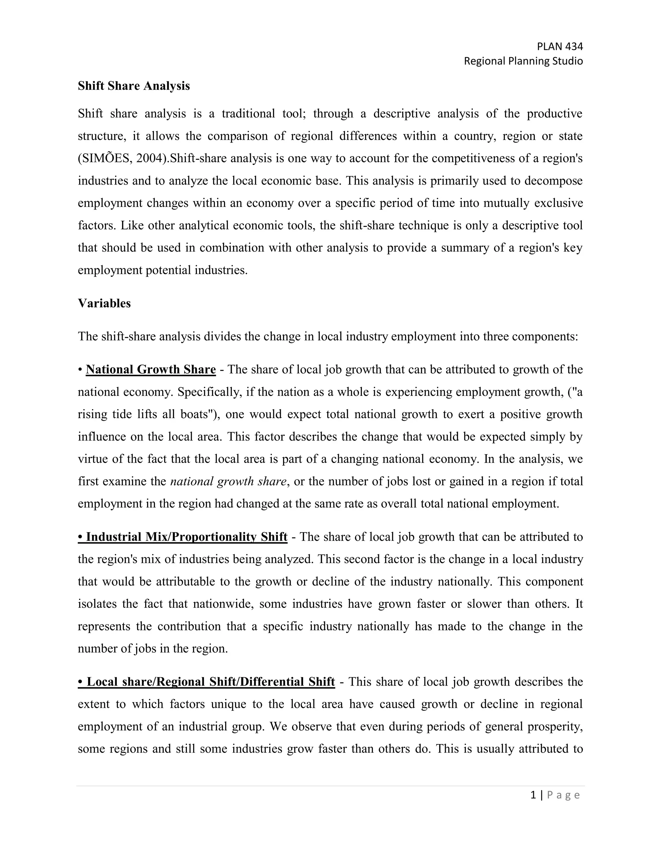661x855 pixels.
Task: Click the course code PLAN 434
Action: pos(560,46)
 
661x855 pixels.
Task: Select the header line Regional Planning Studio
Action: pos(523,61)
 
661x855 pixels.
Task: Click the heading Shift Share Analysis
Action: pos(134,86)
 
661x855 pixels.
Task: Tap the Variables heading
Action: pos(104,303)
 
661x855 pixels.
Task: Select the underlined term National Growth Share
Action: pos(151,369)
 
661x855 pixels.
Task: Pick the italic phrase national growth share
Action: pos(228,481)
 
